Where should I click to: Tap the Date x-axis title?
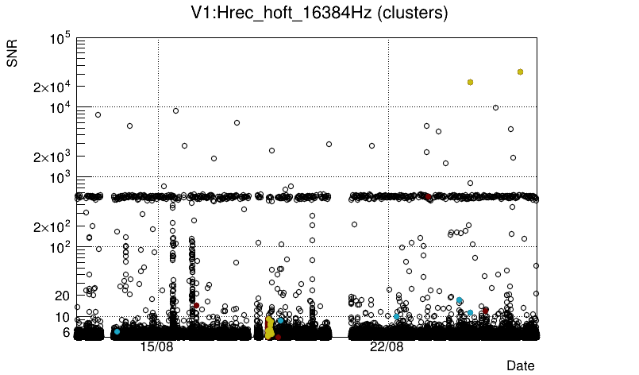521,365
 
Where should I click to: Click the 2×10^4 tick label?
52,87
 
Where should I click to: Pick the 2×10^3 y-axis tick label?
52,157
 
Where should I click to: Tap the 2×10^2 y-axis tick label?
52,227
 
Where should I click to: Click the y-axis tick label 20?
63,296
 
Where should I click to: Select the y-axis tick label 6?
67,332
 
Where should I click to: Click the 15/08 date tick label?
156,348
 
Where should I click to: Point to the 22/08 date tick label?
387,348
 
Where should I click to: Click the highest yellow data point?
520,72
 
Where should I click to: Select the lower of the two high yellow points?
471,82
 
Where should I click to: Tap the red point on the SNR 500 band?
428,196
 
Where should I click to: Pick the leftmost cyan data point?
117,331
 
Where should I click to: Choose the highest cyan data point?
460,300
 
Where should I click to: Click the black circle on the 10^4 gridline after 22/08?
496,107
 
